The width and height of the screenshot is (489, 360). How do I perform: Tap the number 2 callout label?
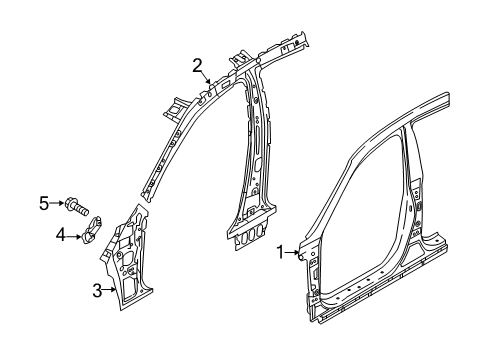pyautogui.click(x=198, y=66)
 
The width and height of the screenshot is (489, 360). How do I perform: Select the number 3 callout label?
pyautogui.click(x=95, y=291)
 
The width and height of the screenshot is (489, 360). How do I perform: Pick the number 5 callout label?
pyautogui.click(x=44, y=204)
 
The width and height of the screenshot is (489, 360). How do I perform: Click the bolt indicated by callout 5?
pyautogui.click(x=78, y=207)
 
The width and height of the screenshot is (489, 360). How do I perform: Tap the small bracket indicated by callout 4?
pyautogui.click(x=90, y=238)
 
